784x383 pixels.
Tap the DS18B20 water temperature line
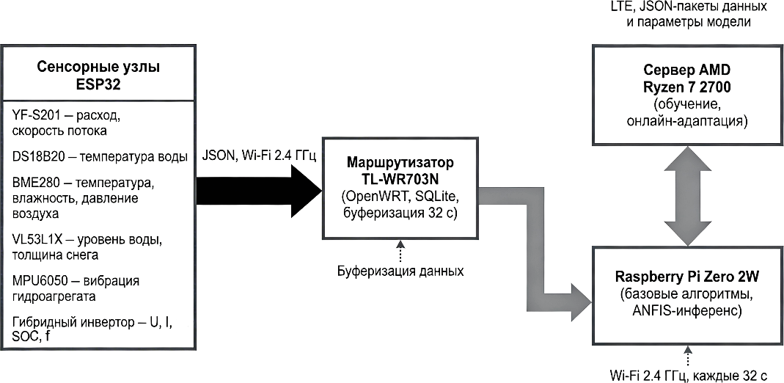click(100, 156)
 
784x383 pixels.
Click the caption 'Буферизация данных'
click(400, 271)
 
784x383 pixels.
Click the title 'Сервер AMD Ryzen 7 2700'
click(686, 79)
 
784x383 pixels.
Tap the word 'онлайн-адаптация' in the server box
click(686, 120)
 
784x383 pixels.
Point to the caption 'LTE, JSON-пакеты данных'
click(688, 9)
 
